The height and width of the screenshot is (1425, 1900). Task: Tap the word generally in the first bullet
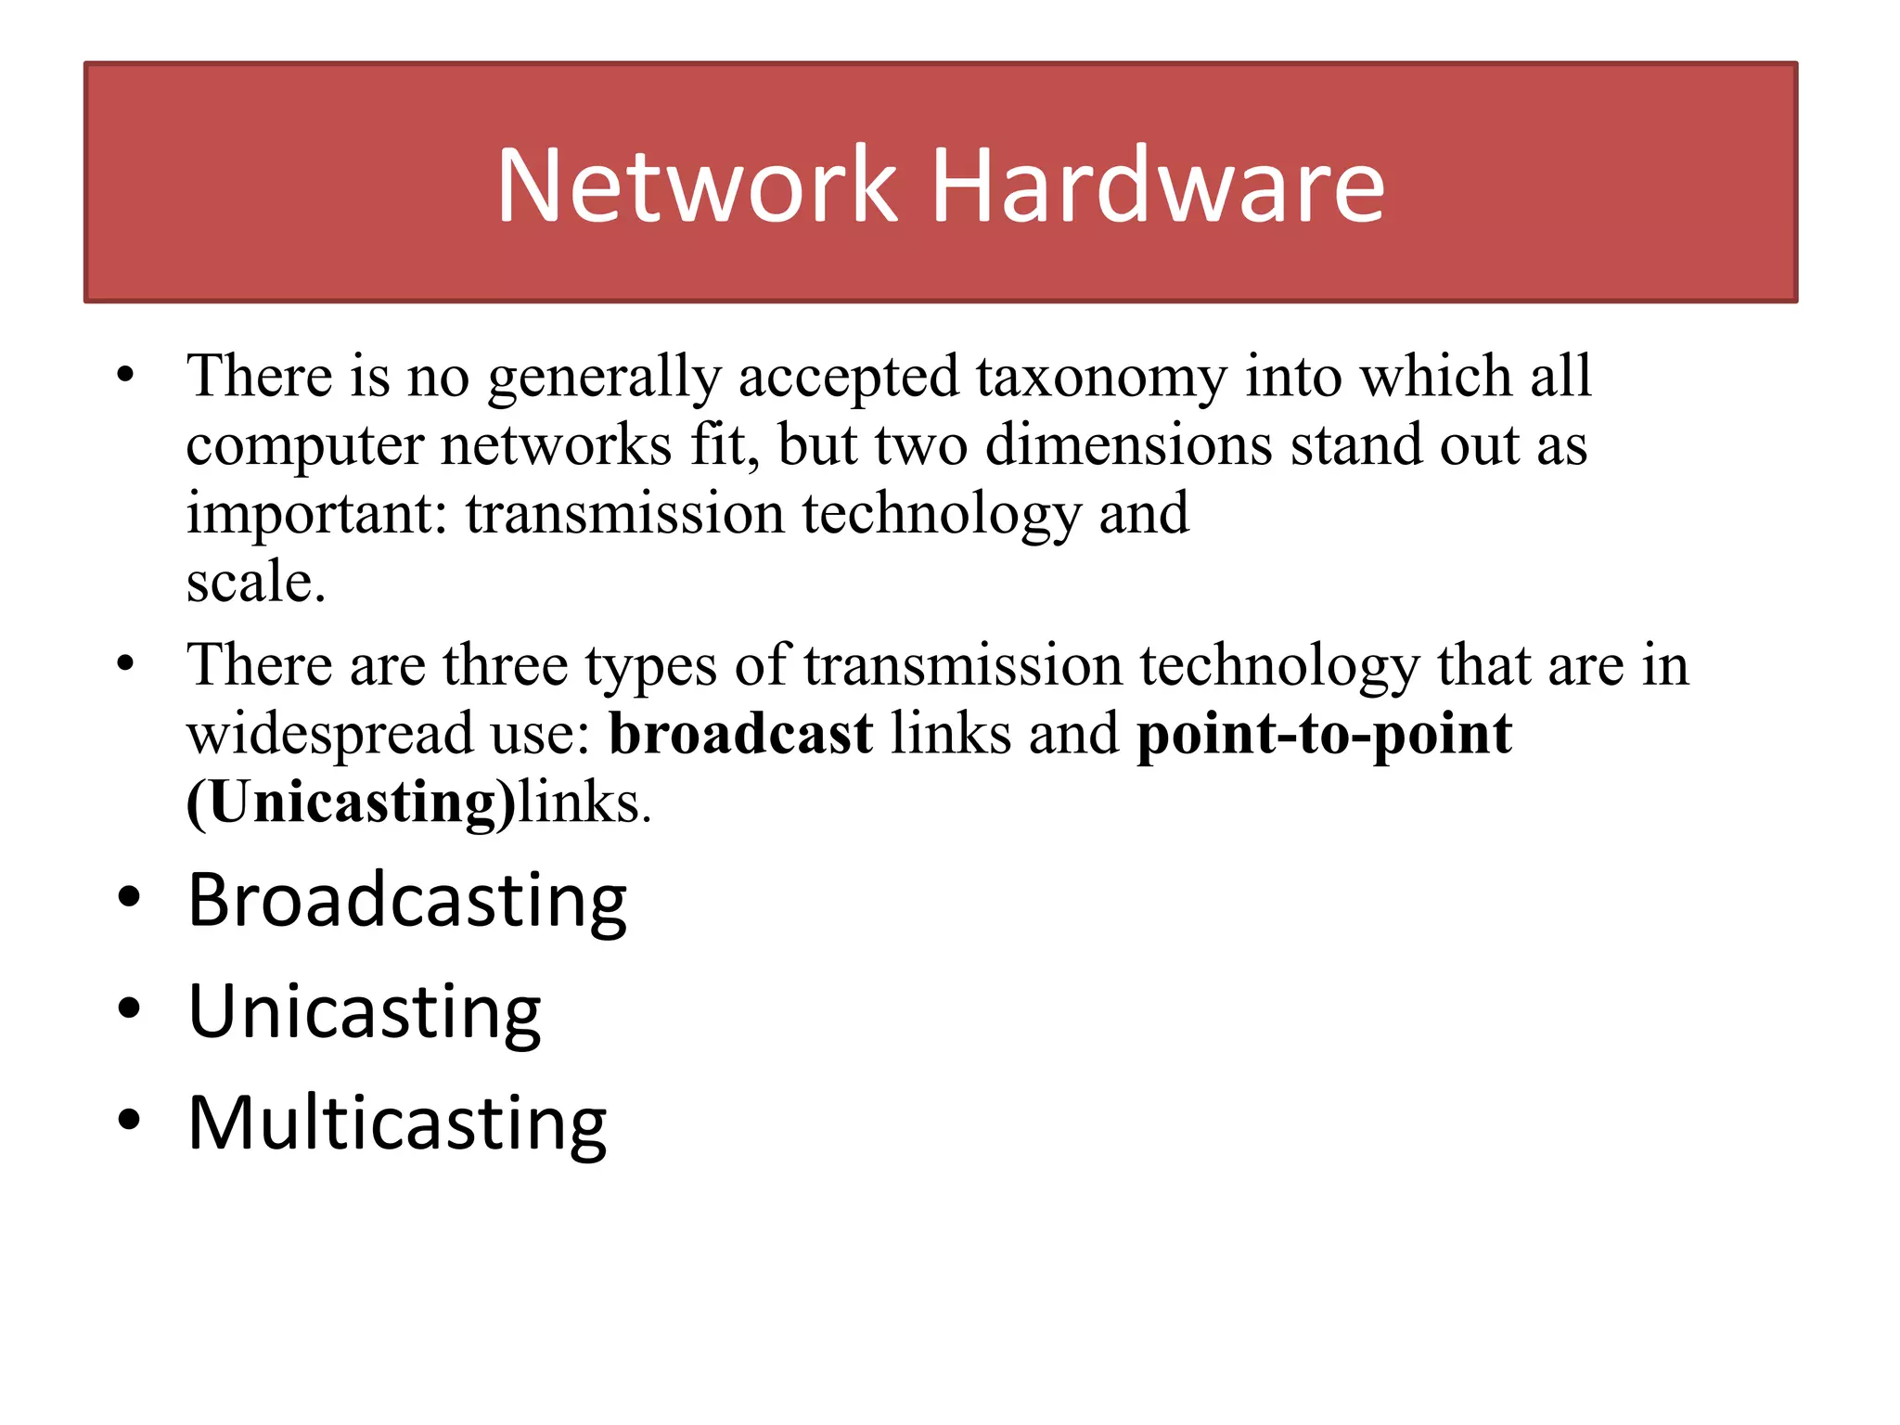604,379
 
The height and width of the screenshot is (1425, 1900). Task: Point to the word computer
305,447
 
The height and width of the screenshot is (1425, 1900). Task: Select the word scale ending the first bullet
255,583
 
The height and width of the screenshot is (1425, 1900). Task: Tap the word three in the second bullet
505,665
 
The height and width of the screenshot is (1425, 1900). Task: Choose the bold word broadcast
740,734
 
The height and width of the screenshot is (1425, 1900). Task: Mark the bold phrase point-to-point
1324,736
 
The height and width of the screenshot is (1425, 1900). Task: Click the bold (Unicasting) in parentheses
351,802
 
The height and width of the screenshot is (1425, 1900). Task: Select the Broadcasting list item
407,901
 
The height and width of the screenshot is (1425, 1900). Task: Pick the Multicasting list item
397,1123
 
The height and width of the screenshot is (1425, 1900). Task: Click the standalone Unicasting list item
365,1012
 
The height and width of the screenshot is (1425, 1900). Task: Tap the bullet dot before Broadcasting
128,898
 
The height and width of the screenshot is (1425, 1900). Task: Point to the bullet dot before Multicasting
128,1120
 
